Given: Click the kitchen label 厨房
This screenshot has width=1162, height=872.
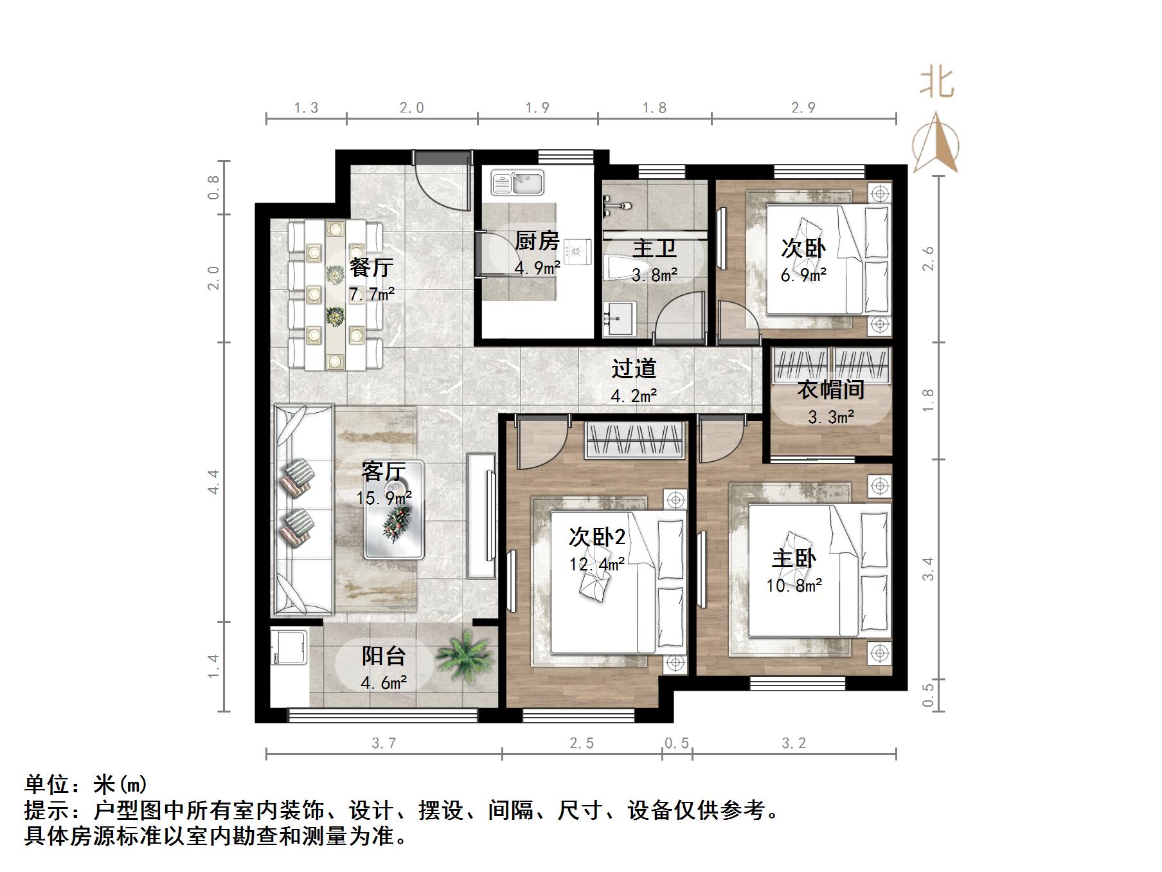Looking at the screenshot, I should [537, 241].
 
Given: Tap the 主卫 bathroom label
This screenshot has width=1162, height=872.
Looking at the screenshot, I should [654, 249].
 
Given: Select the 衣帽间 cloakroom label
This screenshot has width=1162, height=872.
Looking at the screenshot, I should [830, 390].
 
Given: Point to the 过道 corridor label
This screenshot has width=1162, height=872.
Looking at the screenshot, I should [634, 369].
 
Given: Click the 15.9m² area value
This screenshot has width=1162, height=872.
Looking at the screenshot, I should [384, 498].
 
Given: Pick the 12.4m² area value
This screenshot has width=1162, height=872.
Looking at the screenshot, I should [597, 565].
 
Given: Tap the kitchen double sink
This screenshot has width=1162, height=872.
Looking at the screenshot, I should [517, 183].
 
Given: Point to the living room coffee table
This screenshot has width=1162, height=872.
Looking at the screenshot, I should [394, 510].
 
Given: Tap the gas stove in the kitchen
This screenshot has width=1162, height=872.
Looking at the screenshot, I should [580, 250].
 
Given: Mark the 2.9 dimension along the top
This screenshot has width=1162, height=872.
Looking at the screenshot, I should [803, 108].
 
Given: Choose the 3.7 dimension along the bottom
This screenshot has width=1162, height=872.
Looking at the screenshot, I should [384, 743].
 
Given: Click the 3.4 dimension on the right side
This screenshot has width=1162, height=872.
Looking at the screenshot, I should [928, 569].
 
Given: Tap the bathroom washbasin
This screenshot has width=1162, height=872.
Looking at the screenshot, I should [618, 319].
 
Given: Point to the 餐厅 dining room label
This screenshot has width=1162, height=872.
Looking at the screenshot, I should [371, 267].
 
